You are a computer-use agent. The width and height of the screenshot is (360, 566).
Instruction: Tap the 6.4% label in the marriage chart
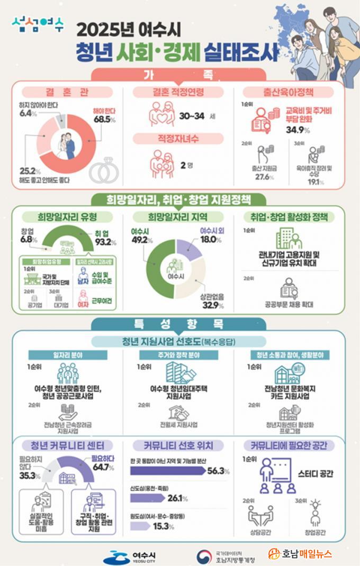click(x=26, y=113)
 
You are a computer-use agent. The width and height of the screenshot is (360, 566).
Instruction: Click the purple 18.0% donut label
click(x=211, y=240)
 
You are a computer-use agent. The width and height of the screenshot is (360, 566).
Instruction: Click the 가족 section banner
click(x=179, y=74)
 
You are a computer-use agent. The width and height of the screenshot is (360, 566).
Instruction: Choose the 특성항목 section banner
click(x=179, y=324)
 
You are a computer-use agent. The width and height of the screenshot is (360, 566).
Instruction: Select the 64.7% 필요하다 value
click(x=103, y=467)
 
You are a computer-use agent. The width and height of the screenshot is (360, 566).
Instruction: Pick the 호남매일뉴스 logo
click(x=300, y=554)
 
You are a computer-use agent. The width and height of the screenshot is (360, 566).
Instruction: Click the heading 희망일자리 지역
click(x=177, y=217)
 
